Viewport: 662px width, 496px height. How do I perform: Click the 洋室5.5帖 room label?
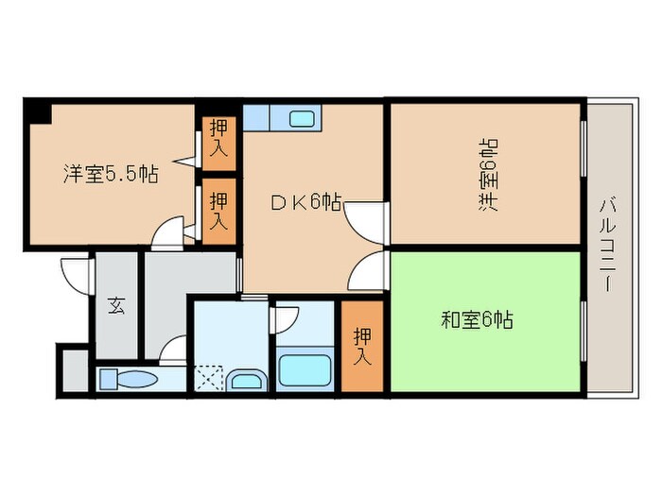(111, 174)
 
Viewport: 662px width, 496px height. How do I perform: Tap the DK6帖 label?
(305, 201)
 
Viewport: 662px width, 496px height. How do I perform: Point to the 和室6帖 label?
(477, 320)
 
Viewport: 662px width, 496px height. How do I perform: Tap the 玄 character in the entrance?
(115, 305)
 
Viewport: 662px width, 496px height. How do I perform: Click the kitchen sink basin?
(302, 119)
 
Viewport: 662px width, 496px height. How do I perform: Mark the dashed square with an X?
(209, 379)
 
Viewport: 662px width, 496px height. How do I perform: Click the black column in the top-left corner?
(38, 112)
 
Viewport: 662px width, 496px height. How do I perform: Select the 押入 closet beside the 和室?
(362, 345)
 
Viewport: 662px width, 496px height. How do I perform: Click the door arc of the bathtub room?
(285, 318)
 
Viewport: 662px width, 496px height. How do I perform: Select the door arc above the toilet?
(173, 351)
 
